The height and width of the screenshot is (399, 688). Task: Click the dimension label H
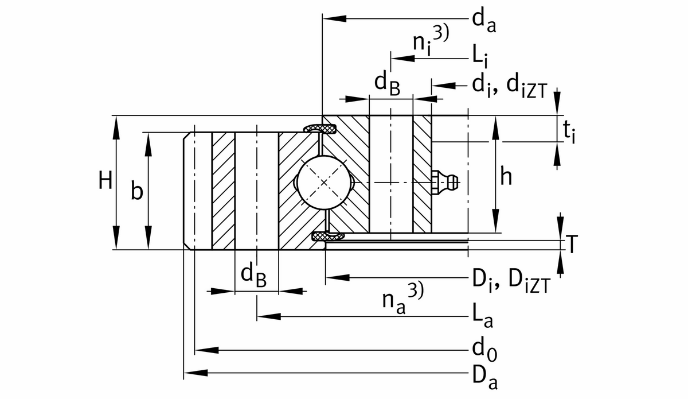[x=105, y=181]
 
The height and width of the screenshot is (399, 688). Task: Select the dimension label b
[x=136, y=191]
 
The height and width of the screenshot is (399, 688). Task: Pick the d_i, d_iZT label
[x=510, y=86]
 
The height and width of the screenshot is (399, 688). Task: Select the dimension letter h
[x=506, y=177]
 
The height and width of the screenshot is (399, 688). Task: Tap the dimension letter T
[x=572, y=245]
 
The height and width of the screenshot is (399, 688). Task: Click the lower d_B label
[x=253, y=275]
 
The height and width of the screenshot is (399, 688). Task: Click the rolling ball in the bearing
[x=325, y=183]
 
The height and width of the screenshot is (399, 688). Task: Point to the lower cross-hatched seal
[x=326, y=236]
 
